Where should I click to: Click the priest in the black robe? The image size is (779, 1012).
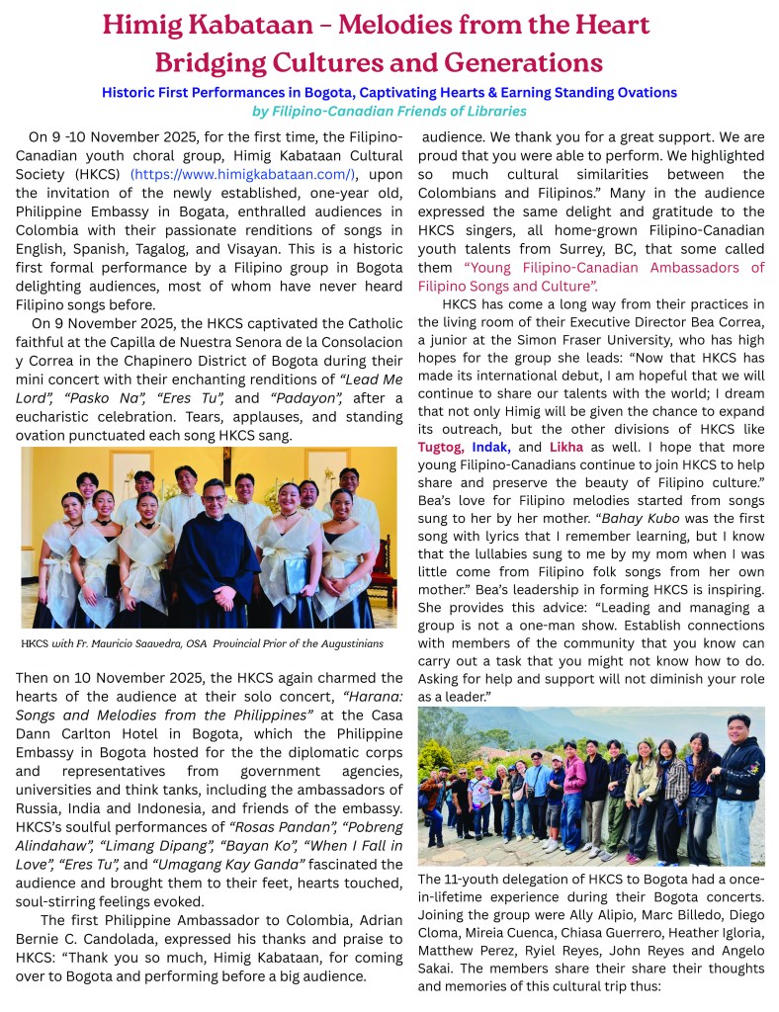[216, 553]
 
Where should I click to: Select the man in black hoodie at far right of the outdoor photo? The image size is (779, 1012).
[740, 781]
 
